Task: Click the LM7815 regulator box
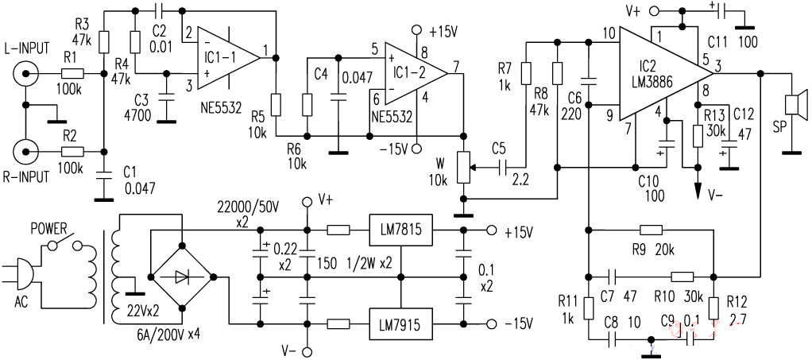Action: pos(400,230)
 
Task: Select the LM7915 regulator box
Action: pos(400,324)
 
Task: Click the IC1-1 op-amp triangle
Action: pos(228,57)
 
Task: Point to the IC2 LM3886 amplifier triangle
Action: pos(667,73)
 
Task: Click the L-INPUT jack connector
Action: pos(25,74)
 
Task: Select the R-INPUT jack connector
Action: pos(25,152)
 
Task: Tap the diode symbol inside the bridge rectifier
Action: pos(181,277)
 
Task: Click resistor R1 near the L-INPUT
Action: pos(73,74)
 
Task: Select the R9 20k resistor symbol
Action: pos(651,230)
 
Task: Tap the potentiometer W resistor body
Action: pos(465,168)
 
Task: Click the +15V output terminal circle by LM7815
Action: pos(491,230)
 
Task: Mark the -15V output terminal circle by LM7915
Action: pos(491,324)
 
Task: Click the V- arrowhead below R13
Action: pos(697,190)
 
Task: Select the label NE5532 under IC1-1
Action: pos(221,110)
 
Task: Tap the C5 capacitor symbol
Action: pos(502,168)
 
